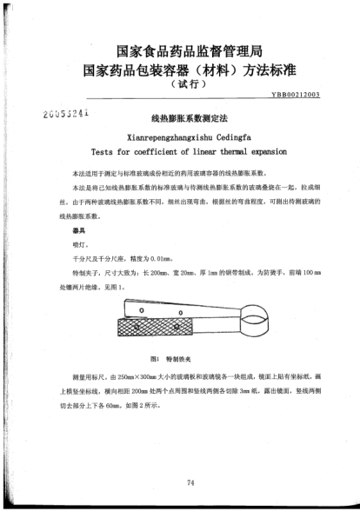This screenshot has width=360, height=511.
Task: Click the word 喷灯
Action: click(67, 247)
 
